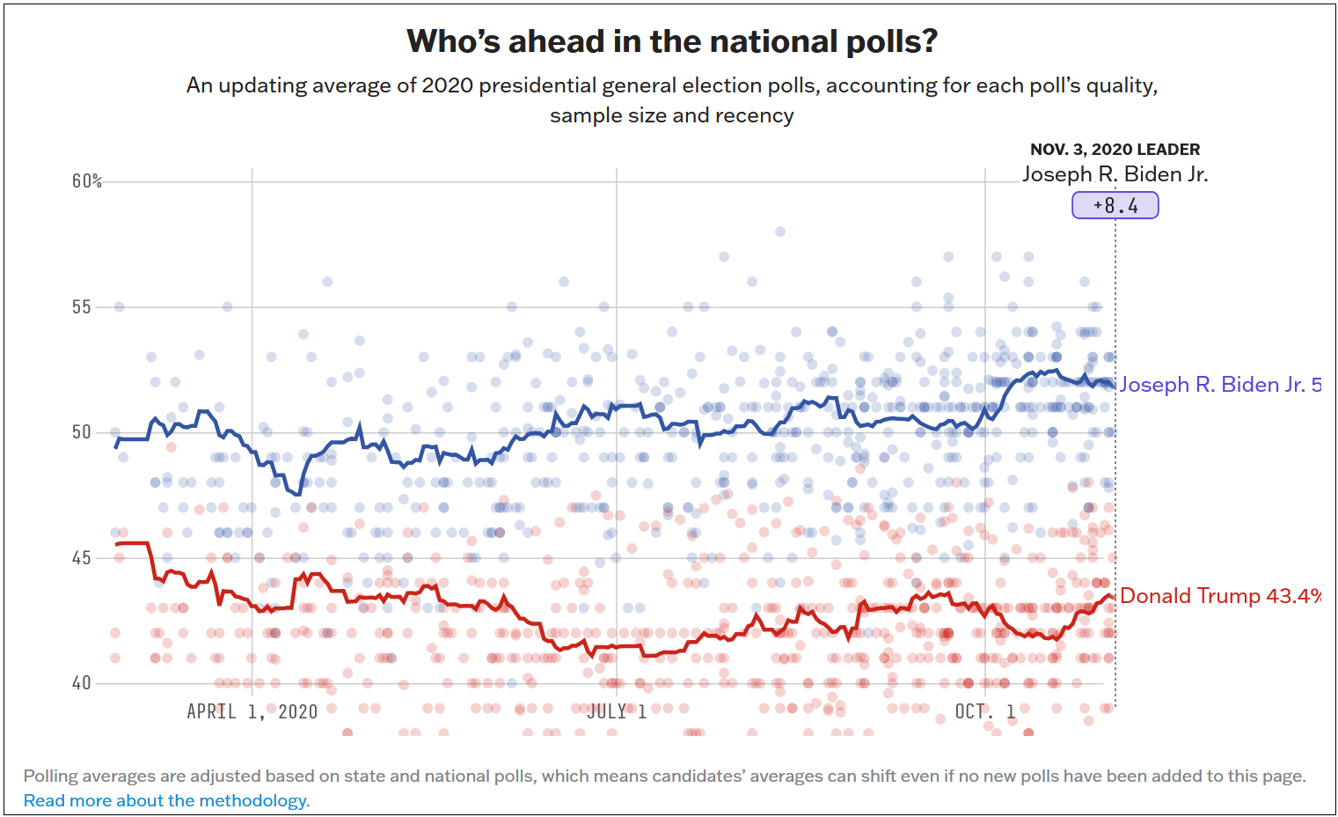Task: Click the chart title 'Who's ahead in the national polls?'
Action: coord(672,41)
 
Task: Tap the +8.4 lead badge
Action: coord(1115,206)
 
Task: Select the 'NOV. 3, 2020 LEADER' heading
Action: coord(1115,150)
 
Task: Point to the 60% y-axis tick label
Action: coord(87,181)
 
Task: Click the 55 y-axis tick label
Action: coord(82,307)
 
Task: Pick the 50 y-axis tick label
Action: coord(82,432)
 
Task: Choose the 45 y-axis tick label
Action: coord(82,558)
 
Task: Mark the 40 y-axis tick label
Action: coord(82,683)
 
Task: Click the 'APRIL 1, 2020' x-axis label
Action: coord(252,711)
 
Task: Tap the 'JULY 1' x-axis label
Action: coord(617,711)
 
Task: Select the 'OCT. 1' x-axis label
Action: coord(984,711)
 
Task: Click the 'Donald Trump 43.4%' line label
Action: coord(1219,596)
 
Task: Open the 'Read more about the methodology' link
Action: coord(166,800)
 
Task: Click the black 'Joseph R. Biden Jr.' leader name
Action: coord(1115,174)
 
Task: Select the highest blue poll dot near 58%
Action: coord(779,232)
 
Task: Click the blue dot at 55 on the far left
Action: coord(119,306)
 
